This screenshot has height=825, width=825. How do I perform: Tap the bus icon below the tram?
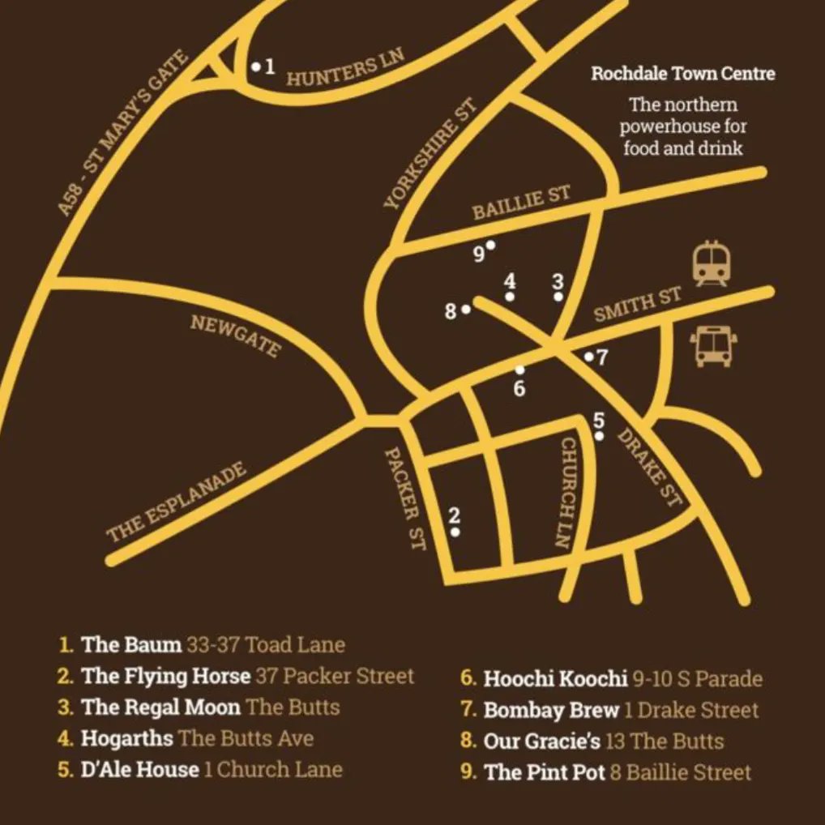[x=713, y=346]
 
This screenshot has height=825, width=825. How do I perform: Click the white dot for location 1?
[x=255, y=66]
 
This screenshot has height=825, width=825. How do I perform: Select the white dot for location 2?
[x=455, y=532]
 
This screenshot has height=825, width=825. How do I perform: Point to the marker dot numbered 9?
[x=490, y=244]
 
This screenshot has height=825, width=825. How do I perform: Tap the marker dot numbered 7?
[x=588, y=357]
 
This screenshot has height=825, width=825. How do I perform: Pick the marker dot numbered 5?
[x=599, y=436]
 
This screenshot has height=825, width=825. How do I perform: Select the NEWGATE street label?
[x=236, y=336]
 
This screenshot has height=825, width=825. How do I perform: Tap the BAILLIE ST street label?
[x=521, y=202]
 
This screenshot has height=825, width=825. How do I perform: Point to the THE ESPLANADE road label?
[x=177, y=503]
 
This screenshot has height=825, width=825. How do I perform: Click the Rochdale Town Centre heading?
[x=682, y=74]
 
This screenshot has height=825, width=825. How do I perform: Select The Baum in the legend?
[x=131, y=645]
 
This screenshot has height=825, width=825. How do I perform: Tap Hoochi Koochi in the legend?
[x=555, y=678]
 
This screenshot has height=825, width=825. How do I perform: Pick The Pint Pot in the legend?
[x=545, y=772]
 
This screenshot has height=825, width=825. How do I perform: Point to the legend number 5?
[x=65, y=769]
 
